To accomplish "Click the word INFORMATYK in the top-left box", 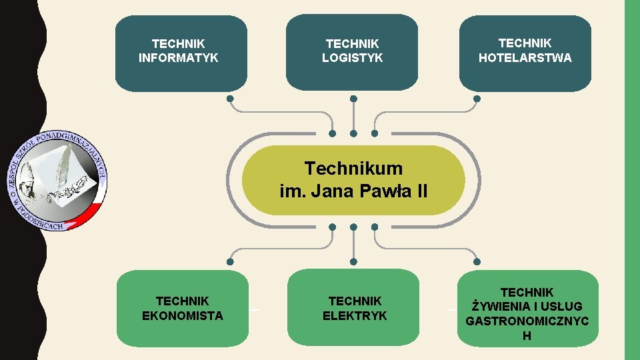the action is pos(178,58).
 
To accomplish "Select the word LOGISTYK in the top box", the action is pos(352,58).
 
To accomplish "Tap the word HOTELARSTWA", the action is pos(525,58).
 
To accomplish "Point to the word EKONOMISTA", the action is pos(182,315).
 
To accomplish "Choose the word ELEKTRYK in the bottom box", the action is pos(355,315).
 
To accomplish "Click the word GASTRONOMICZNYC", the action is pos(527,321).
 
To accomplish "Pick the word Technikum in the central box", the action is pos(353,167).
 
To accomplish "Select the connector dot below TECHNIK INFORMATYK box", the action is pos(230,99).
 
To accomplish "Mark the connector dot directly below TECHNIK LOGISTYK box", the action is pos(353,99).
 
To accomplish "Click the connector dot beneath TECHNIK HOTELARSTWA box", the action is pos(477,99).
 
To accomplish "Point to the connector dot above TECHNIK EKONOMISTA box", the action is pos(230,261).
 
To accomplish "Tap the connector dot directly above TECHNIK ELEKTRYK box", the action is pos(353,261).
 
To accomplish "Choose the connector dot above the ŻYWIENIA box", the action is pos(477,261).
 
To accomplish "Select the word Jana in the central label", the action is pos(335,192).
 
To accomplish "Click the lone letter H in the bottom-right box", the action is pos(527,336).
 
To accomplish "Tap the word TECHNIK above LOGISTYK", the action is pos(352,44).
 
